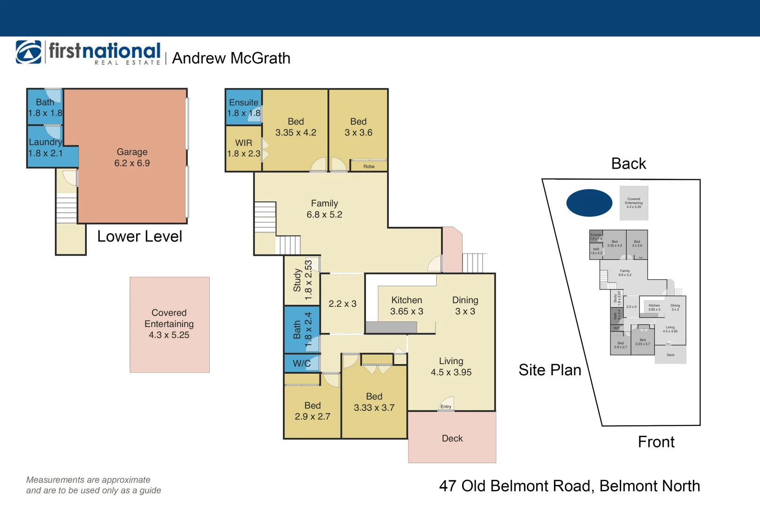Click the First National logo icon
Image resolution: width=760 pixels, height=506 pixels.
[x=29, y=52]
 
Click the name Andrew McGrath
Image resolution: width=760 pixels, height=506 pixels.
[x=231, y=58]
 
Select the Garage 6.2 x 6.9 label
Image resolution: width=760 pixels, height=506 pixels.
[x=132, y=157]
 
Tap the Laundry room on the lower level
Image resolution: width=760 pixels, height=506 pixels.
[x=46, y=148]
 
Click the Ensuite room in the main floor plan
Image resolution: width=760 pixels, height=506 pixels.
[x=243, y=107]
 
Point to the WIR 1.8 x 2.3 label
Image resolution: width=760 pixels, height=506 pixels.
[x=243, y=148]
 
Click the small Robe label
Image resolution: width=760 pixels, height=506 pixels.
[x=369, y=166]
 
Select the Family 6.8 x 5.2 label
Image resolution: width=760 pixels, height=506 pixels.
[x=324, y=209]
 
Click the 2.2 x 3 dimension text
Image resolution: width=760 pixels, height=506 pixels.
[x=342, y=304]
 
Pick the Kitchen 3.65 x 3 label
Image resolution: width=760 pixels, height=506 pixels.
[x=407, y=305]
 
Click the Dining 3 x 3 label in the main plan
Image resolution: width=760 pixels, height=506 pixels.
[x=465, y=305]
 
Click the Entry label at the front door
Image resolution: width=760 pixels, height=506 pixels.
[x=446, y=407]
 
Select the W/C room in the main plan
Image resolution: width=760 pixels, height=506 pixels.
[x=302, y=363]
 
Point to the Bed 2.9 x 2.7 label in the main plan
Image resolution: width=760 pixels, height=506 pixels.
[x=312, y=411]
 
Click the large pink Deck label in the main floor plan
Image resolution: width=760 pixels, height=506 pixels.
[x=452, y=438]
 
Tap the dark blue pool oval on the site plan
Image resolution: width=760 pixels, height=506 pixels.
[x=589, y=203]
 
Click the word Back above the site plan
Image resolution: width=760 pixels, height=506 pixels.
[x=629, y=164]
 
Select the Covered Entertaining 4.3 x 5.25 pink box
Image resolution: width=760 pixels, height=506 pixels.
[x=169, y=324]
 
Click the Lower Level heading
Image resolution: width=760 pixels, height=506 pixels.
[x=139, y=236]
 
